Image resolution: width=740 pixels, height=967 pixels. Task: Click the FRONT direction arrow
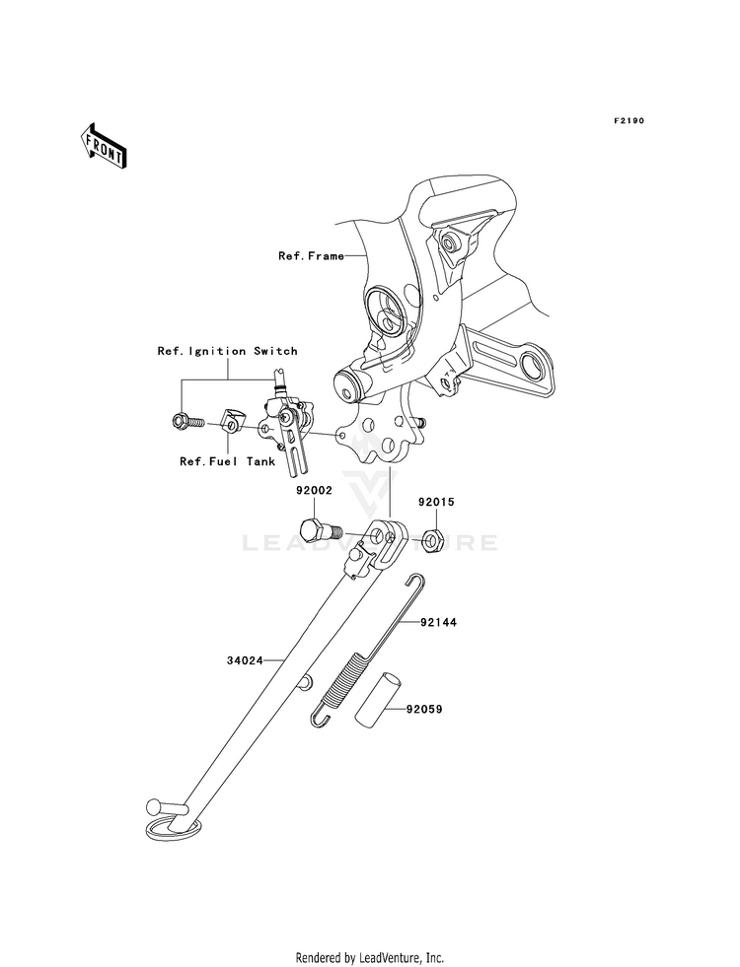(x=103, y=145)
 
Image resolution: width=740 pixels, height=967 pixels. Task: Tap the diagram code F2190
(x=629, y=121)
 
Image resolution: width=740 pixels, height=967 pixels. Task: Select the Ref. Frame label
(x=311, y=256)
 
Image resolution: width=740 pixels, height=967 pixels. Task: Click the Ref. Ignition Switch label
(x=227, y=351)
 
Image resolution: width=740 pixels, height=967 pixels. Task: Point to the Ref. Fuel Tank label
(x=227, y=461)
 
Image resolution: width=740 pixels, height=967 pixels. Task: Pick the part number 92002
(x=314, y=491)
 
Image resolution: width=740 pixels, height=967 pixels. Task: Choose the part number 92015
(x=436, y=502)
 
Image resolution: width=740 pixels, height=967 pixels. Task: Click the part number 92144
(x=439, y=622)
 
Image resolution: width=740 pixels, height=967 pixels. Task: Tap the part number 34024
(x=245, y=660)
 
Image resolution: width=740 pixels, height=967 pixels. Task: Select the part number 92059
(x=424, y=709)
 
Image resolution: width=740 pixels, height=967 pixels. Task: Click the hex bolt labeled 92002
(x=319, y=531)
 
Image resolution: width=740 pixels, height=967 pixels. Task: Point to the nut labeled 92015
(x=431, y=539)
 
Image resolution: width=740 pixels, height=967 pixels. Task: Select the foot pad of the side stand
(x=173, y=828)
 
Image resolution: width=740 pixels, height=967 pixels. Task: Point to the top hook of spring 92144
(x=414, y=581)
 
